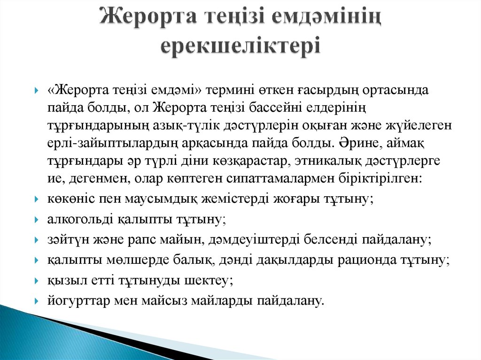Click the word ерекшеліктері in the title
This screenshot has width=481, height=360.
click(240, 46)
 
